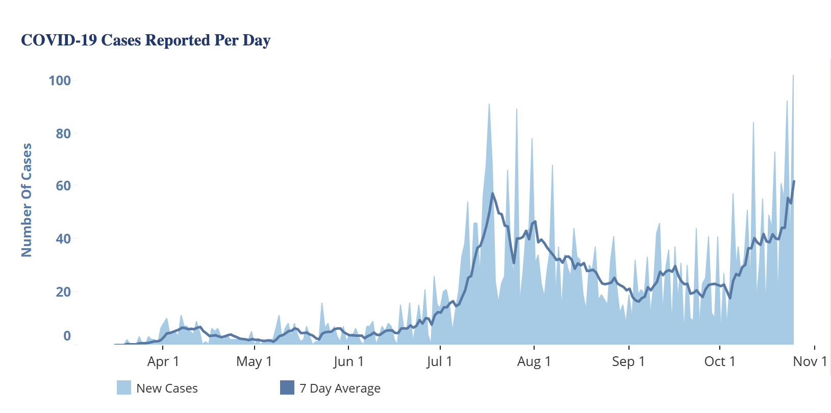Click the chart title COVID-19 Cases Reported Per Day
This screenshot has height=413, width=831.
coord(145,40)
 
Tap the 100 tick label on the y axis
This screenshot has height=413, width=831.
coord(60,81)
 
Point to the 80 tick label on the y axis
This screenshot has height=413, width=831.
coord(63,134)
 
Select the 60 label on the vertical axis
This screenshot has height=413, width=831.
coord(63,186)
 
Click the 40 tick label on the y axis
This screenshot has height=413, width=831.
coord(63,239)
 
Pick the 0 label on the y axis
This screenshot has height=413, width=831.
coord(67,336)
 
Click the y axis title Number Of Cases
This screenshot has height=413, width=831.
coord(27,200)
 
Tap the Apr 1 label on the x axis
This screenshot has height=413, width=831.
coord(163,361)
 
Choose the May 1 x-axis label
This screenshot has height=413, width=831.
coord(254,361)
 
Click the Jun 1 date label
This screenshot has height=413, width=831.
coord(348,361)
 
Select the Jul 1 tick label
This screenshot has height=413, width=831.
coord(439,361)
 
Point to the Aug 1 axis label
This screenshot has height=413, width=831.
coord(534,361)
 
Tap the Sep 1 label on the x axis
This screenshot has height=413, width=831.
coord(628,361)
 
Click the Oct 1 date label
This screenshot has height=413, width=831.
coord(719,361)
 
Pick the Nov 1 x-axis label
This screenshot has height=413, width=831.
coord(810,361)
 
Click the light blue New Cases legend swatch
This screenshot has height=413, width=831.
coord(124,388)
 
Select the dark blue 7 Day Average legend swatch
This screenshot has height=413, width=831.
coord(287,388)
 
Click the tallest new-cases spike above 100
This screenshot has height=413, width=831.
coord(793,78)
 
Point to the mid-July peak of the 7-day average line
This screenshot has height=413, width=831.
coord(492,193)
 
